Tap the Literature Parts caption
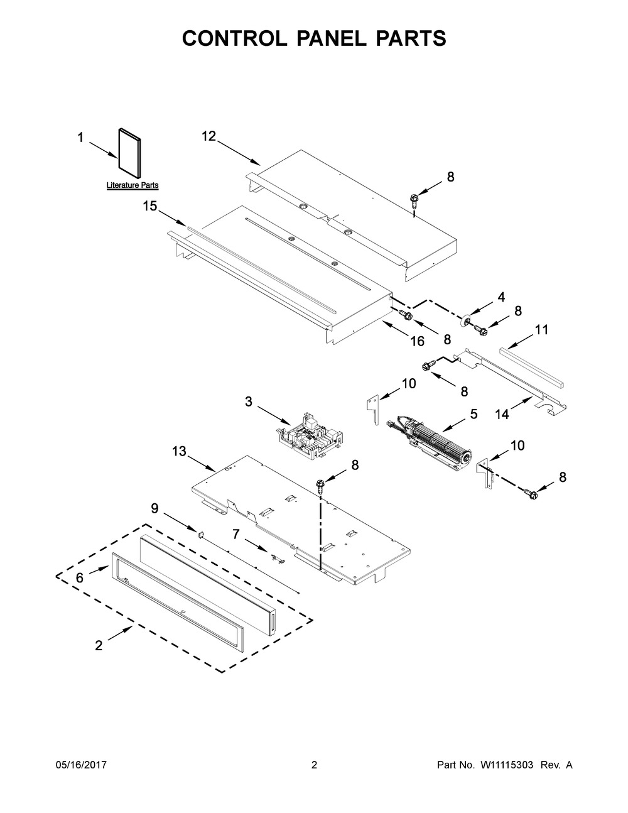click(133, 185)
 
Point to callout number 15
click(149, 206)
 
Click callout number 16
click(417, 341)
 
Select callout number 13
click(179, 451)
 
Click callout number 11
click(541, 329)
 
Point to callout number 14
click(502, 415)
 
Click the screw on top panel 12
click(414, 201)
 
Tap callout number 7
click(235, 533)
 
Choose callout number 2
click(99, 645)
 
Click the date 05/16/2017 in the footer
click(81, 765)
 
